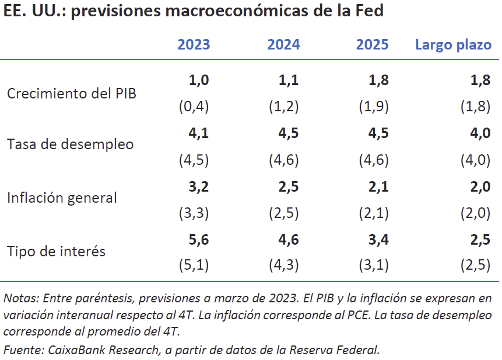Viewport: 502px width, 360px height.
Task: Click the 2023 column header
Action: click(194, 45)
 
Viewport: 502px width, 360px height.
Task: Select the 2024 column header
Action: click(283, 45)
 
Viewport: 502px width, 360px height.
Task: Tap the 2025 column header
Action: click(372, 45)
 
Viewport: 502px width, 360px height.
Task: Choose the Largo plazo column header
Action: click(453, 45)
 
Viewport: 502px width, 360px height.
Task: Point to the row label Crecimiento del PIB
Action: click(72, 93)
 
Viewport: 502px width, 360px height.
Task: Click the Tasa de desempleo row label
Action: click(70, 144)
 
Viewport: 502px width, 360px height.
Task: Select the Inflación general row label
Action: click(62, 197)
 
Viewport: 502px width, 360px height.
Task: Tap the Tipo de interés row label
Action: click(56, 251)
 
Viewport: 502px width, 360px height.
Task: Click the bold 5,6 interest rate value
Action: click(198, 239)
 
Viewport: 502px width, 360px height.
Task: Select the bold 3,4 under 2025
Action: click(378, 239)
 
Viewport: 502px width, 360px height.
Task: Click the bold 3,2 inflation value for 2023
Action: click(198, 186)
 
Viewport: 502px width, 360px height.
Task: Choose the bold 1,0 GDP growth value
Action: click(198, 80)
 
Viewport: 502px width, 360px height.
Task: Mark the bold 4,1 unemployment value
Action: click(198, 133)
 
